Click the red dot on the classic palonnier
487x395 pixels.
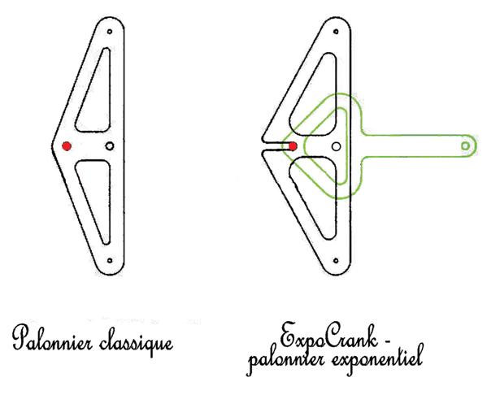tap(67, 146)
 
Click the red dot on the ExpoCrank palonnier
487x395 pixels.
tap(293, 146)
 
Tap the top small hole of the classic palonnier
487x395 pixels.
tap(110, 32)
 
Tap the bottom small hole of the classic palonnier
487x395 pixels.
tap(110, 261)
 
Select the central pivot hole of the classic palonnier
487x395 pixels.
tap(109, 145)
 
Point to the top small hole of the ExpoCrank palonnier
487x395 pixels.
tap(336, 32)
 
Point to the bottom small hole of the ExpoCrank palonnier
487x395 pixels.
tap(336, 261)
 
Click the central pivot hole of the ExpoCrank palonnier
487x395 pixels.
tap(336, 146)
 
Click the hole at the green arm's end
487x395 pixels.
tap(465, 145)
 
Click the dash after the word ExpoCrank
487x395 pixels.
tap(386, 342)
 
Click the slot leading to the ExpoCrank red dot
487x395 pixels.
tap(276, 146)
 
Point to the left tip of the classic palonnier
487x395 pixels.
tap(52, 145)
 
